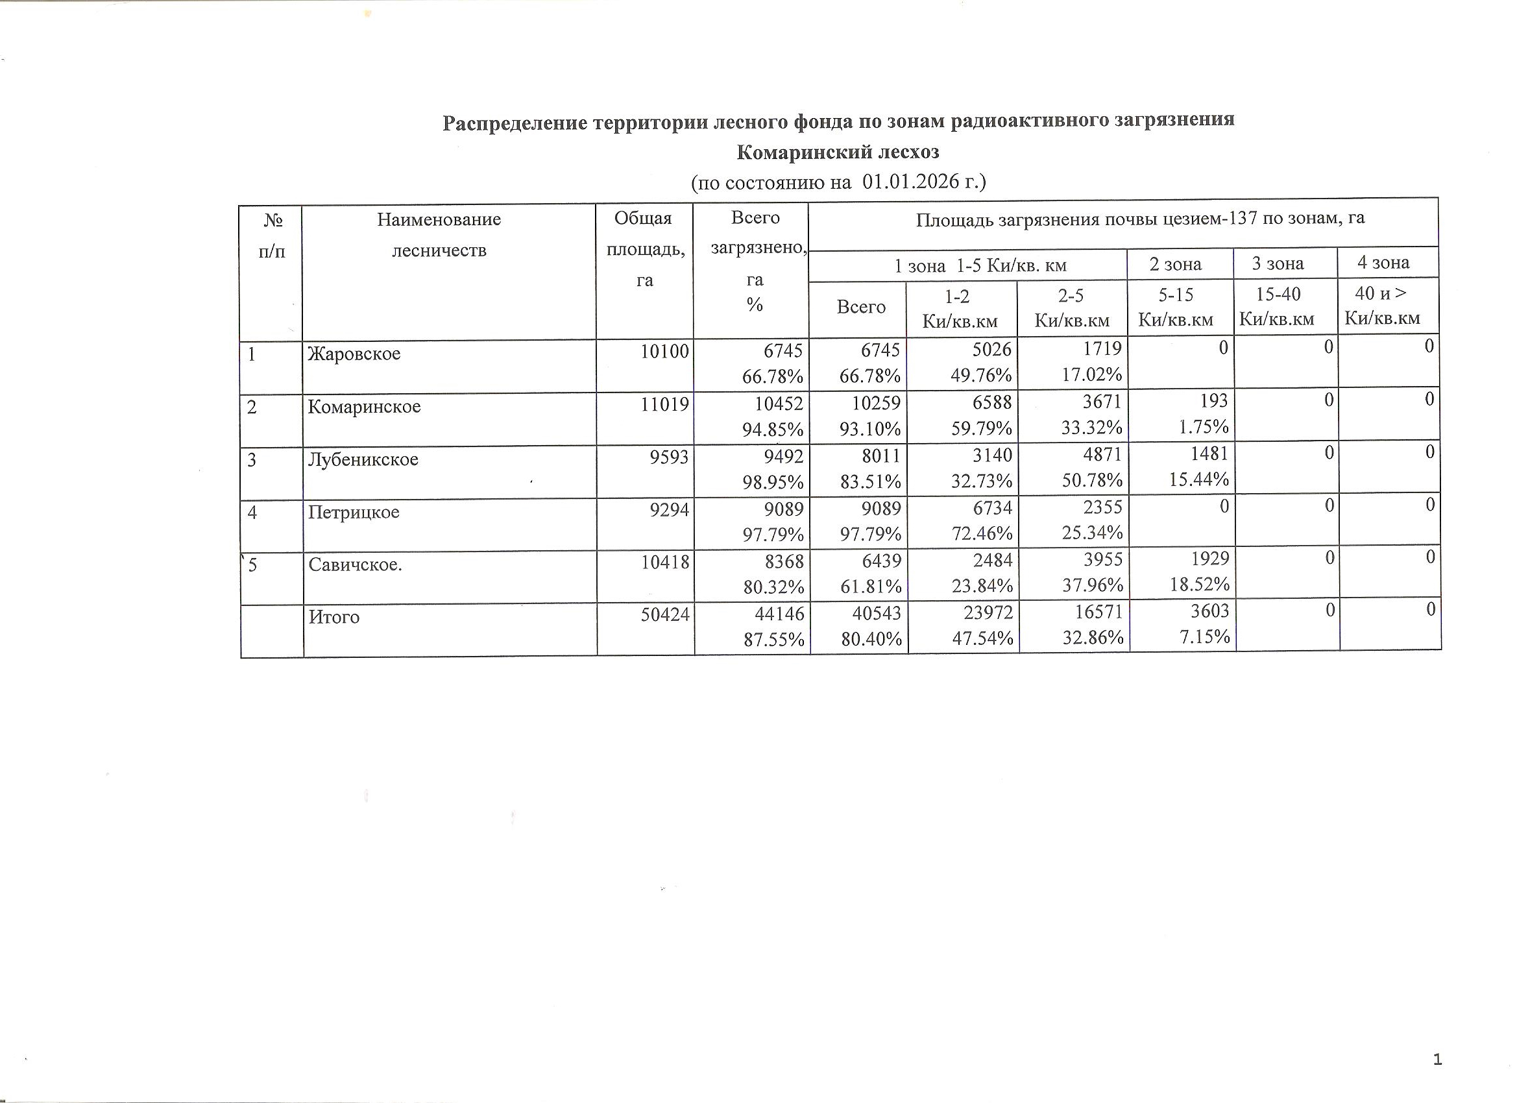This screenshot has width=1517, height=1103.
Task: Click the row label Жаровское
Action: coord(354,353)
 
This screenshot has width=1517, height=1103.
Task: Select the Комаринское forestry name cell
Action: coord(364,407)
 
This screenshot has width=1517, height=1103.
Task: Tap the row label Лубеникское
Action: coord(363,459)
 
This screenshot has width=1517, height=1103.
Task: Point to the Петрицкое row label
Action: coord(353,513)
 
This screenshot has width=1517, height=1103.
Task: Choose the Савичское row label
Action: coord(354,565)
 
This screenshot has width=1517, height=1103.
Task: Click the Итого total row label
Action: coord(334,617)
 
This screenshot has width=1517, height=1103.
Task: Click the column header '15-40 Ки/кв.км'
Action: coord(1277,306)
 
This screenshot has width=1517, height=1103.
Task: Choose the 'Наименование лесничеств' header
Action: coord(439,235)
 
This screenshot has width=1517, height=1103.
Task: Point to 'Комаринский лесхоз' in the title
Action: coord(838,152)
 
